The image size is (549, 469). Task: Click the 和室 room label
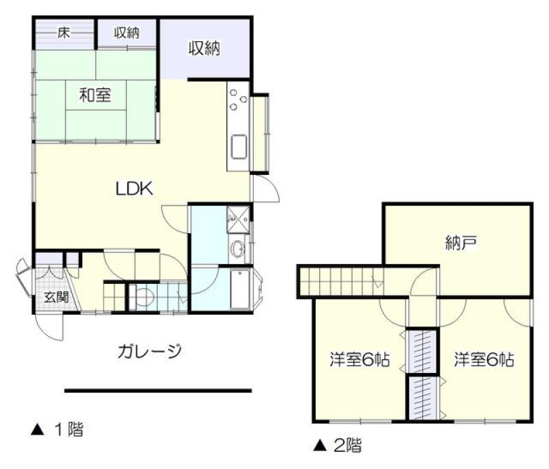(95, 95)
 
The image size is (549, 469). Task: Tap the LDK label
(135, 189)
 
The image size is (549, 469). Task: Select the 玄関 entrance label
(56, 298)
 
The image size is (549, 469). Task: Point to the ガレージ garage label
(150, 351)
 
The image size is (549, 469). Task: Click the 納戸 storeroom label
(461, 243)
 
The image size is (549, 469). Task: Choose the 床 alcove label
(64, 33)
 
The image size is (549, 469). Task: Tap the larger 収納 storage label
(205, 48)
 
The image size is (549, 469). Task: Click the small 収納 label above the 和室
(126, 33)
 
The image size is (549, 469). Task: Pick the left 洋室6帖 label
(360, 359)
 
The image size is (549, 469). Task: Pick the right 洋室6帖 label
(484, 359)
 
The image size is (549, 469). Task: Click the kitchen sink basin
(239, 147)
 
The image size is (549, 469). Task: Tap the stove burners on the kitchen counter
(238, 99)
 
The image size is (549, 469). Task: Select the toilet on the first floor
(144, 298)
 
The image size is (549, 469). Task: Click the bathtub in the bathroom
(240, 289)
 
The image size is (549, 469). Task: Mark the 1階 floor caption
(58, 429)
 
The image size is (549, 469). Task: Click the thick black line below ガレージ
(158, 391)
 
